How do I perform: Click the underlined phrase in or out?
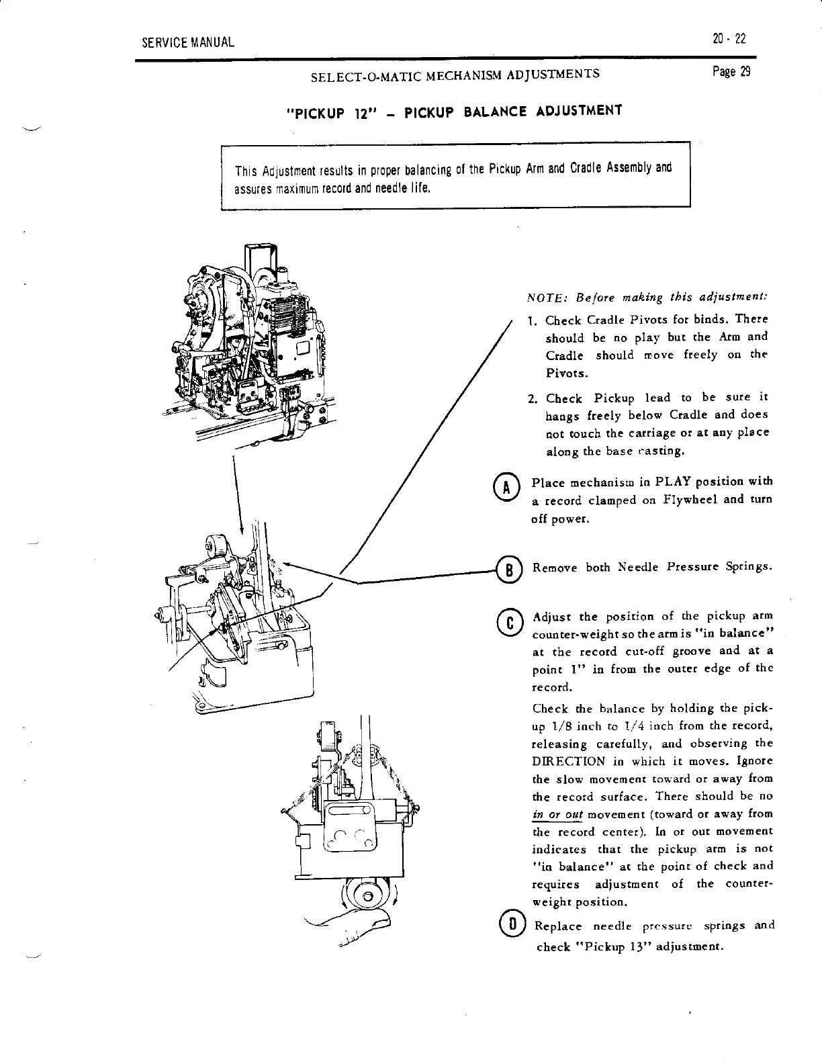click(x=556, y=813)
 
